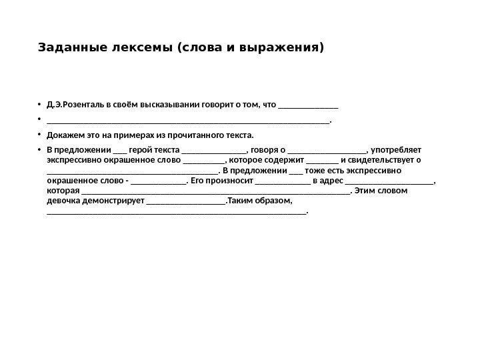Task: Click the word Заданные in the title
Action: [66, 48]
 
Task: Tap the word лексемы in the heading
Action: [133, 48]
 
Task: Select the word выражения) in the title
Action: [291, 48]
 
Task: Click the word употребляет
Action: [397, 151]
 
